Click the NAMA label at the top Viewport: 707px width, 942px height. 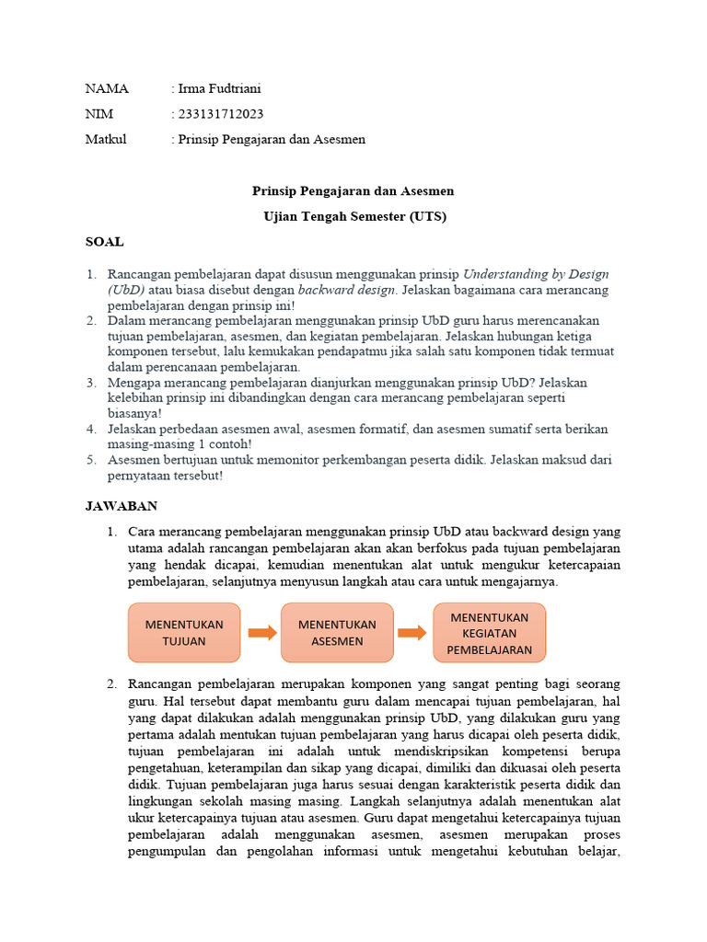pyautogui.click(x=107, y=89)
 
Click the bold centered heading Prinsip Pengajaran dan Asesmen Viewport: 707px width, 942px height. pyautogui.click(x=353, y=191)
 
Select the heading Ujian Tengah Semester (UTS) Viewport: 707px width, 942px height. pyautogui.click(x=353, y=216)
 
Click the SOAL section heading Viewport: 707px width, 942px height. pyautogui.click(x=104, y=242)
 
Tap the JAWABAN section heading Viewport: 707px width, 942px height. pyautogui.click(x=122, y=506)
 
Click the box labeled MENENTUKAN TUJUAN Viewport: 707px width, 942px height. pyautogui.click(x=184, y=633)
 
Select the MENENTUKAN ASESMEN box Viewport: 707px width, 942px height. pyautogui.click(x=337, y=633)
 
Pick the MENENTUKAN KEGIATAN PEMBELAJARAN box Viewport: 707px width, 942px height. pyautogui.click(x=490, y=633)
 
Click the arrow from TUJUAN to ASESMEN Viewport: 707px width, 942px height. pyautogui.click(x=261, y=633)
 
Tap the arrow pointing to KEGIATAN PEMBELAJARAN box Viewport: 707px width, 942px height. pyautogui.click(x=412, y=633)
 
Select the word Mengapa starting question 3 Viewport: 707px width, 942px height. pyautogui.click(x=133, y=382)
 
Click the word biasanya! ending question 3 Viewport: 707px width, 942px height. pyautogui.click(x=134, y=413)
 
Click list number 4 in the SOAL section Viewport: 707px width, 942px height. pyautogui.click(x=91, y=430)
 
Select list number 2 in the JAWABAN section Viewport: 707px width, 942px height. pyautogui.click(x=112, y=684)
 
